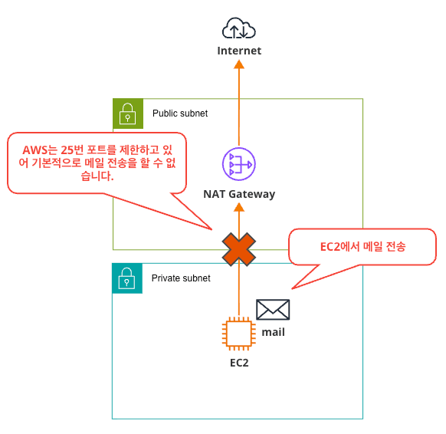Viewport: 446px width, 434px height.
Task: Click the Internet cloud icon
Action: click(239, 28)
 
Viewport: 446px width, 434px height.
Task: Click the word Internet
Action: click(239, 51)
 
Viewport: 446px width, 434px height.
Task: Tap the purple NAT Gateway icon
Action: click(239, 164)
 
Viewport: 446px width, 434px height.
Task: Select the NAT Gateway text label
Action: click(239, 194)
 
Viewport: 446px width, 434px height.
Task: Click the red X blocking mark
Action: click(239, 249)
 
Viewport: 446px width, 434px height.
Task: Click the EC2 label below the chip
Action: click(239, 363)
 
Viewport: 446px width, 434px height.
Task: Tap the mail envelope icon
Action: click(273, 310)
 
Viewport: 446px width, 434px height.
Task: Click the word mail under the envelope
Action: click(273, 332)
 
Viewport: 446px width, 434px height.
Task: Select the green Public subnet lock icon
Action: click(128, 113)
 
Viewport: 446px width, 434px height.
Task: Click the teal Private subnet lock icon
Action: click(127, 278)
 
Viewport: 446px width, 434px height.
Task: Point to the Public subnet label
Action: click(180, 113)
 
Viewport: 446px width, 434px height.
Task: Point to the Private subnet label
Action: click(181, 278)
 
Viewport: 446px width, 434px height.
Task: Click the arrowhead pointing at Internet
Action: click(239, 64)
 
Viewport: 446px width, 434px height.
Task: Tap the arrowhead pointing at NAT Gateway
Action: click(239, 207)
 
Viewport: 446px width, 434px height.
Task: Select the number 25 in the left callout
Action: click(67, 150)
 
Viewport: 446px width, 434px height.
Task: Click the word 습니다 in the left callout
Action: click(97, 176)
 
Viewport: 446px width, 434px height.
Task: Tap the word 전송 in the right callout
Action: click(395, 247)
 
